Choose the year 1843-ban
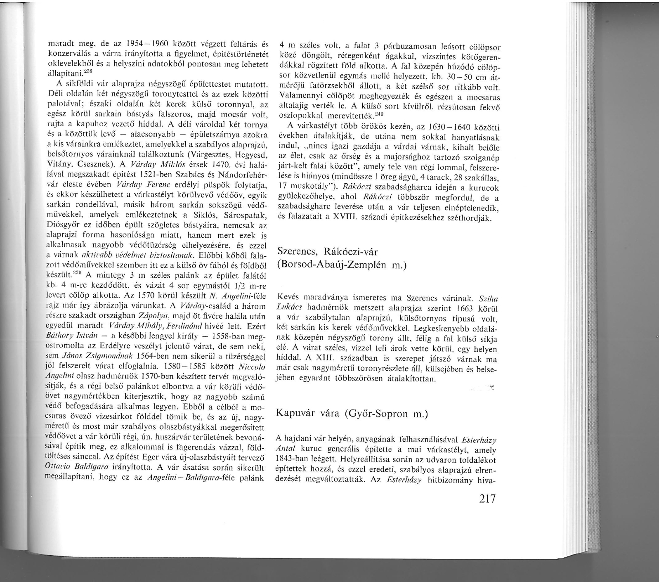tap(293, 459)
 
